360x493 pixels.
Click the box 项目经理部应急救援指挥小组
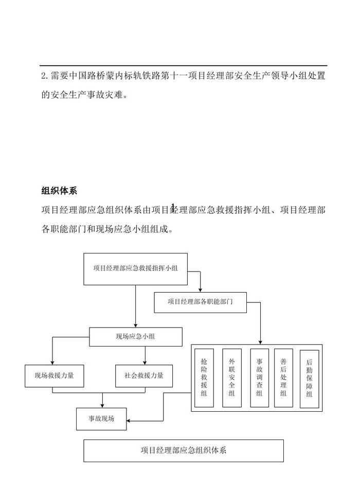click(x=136, y=268)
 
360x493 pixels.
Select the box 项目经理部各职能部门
click(x=201, y=302)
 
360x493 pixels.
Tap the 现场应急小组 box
click(x=136, y=337)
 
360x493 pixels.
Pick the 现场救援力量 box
click(x=55, y=376)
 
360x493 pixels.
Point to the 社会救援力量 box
click(x=144, y=376)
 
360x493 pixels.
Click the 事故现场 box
click(x=101, y=419)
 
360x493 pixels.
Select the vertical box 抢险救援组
click(x=204, y=378)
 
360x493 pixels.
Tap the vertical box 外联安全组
click(x=231, y=378)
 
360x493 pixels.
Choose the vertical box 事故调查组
click(x=259, y=378)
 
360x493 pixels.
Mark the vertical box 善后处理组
click(x=283, y=378)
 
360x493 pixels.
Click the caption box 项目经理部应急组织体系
click(x=184, y=451)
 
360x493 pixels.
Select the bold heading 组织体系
click(x=59, y=191)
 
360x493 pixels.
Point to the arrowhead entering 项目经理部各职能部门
click(x=201, y=289)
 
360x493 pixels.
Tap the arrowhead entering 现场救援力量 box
click(x=52, y=362)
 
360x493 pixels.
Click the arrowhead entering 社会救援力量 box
click(x=146, y=362)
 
